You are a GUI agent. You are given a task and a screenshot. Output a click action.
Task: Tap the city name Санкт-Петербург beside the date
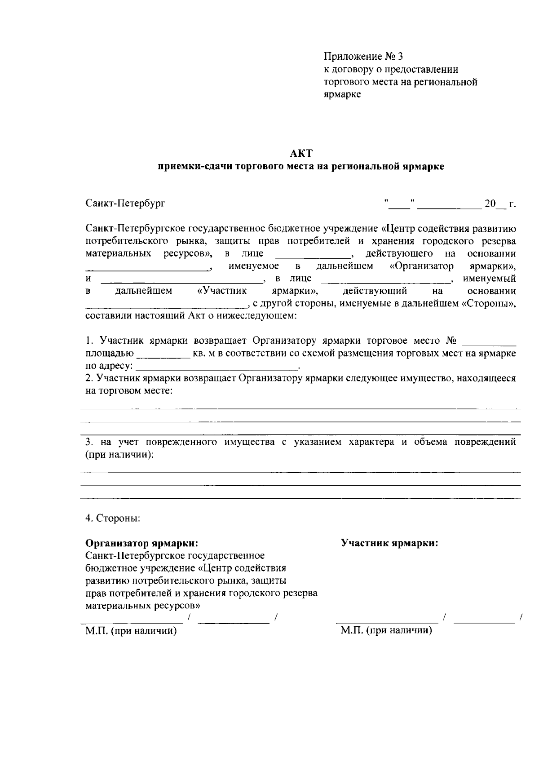coord(125,204)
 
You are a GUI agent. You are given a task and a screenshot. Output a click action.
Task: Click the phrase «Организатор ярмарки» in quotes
coord(452,266)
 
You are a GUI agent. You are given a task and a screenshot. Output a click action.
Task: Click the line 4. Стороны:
coord(113,518)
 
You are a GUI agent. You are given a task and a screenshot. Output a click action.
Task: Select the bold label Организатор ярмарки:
coord(141,544)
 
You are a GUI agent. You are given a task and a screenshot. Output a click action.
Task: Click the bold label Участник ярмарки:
coord(389,543)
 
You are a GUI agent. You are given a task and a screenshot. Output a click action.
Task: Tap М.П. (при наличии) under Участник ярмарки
coord(386,631)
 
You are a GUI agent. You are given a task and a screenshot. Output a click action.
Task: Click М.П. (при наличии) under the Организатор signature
coord(131,631)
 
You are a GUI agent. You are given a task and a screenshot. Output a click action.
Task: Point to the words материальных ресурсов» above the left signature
coord(142,605)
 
